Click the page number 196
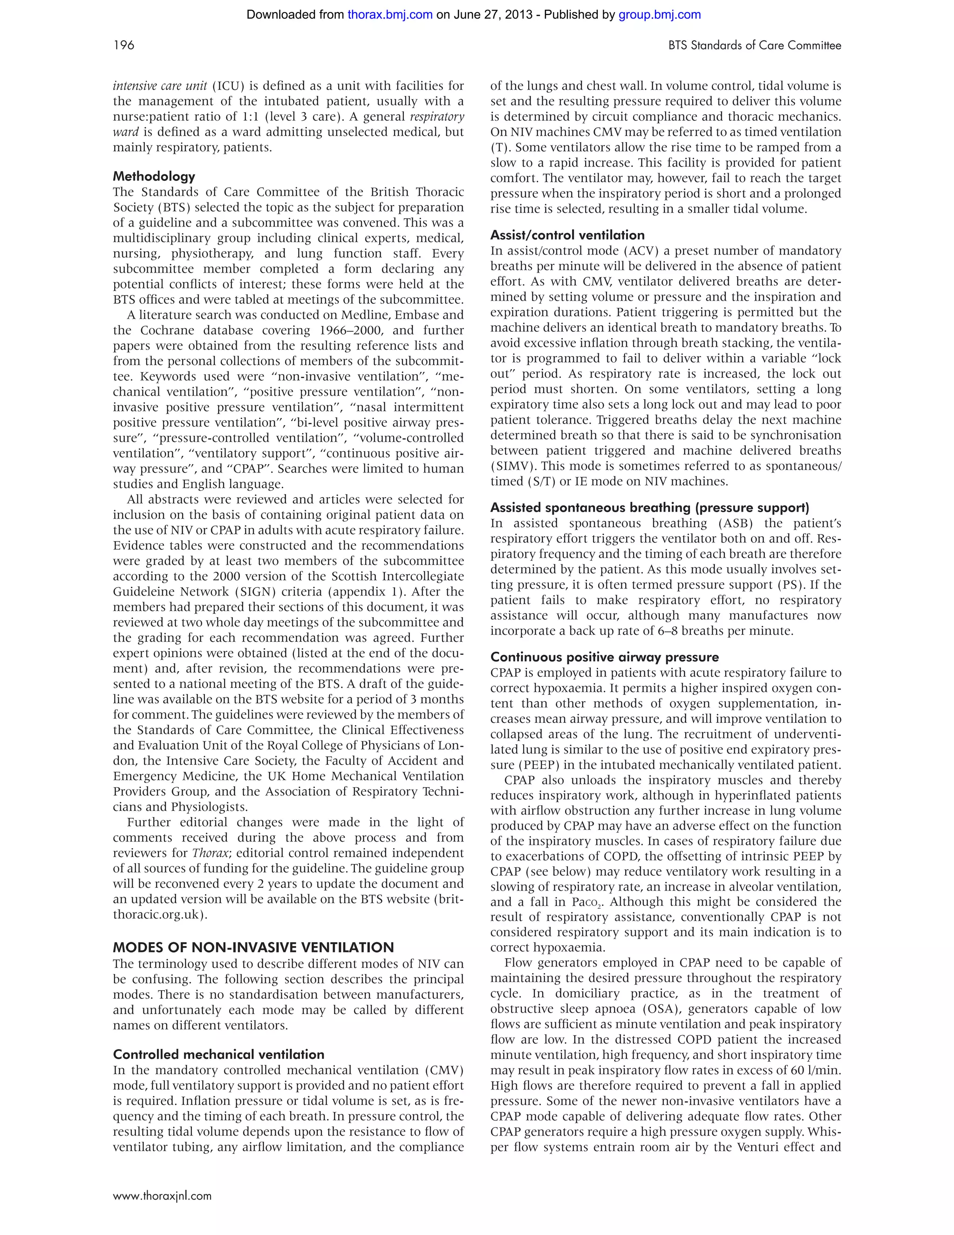click(x=124, y=45)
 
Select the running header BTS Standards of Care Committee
click(x=755, y=45)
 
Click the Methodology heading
click(x=154, y=177)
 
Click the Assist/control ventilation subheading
click(x=567, y=235)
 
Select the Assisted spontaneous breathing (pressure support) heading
click(x=650, y=508)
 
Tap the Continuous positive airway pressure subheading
click(x=605, y=657)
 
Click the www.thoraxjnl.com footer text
click(x=162, y=1195)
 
